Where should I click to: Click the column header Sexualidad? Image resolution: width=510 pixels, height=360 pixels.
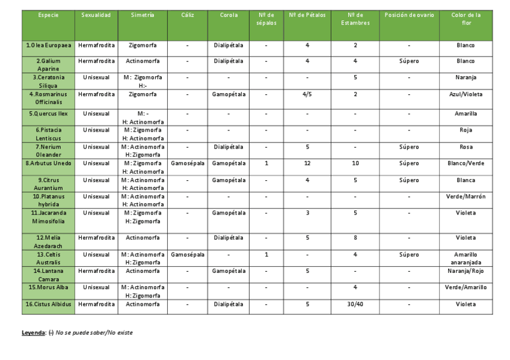tap(96, 15)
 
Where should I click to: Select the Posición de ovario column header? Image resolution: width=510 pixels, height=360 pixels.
tap(409, 15)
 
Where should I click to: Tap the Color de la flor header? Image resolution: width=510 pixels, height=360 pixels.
tap(465, 19)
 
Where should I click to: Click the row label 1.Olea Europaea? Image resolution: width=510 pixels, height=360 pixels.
tap(49, 45)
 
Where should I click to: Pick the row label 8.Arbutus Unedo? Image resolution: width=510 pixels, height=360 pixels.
tap(49, 163)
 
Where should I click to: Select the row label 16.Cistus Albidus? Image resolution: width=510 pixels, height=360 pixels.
tap(49, 304)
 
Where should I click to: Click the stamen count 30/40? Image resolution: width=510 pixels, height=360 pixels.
tap(355, 304)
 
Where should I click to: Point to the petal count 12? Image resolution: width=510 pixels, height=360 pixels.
tap(307, 163)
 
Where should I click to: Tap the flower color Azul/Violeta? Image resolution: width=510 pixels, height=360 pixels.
tap(465, 94)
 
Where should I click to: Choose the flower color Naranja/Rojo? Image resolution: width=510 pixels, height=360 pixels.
tap(465, 271)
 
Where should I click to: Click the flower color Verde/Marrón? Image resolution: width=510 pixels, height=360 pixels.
tap(465, 197)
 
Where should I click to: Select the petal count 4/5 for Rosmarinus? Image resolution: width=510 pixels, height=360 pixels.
tap(307, 94)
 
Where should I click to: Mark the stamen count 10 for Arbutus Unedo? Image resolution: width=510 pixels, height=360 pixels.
tap(355, 163)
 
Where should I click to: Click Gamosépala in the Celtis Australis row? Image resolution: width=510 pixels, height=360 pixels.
tap(188, 255)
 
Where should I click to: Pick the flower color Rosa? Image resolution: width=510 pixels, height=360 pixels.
tap(465, 147)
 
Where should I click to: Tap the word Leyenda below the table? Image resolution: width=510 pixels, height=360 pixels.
tap(33, 333)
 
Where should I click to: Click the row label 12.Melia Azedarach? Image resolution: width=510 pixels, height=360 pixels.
tap(49, 242)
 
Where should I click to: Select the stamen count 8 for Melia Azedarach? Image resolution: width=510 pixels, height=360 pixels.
tap(355, 238)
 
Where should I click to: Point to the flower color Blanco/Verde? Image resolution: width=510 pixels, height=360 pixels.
tap(465, 163)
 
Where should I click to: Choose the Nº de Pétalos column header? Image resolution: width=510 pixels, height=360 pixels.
tap(307, 15)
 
